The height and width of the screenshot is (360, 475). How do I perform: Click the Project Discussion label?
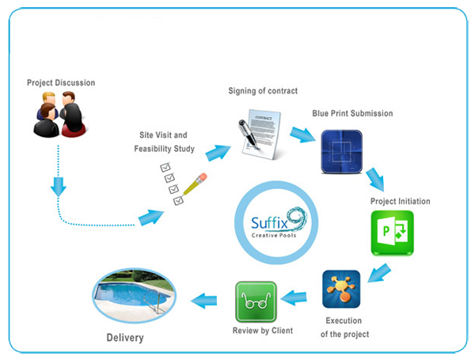point(60,82)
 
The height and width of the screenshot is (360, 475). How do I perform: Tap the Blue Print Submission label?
point(352,114)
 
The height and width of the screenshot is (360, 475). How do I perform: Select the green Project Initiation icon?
point(391,234)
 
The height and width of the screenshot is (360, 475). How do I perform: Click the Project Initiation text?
point(400,202)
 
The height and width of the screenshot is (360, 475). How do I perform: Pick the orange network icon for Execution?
point(341,289)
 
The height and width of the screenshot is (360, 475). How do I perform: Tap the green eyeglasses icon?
point(256,301)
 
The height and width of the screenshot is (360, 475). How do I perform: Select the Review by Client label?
point(262,330)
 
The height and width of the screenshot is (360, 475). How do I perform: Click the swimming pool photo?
point(132,295)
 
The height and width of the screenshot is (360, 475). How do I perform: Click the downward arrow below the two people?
point(58,186)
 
